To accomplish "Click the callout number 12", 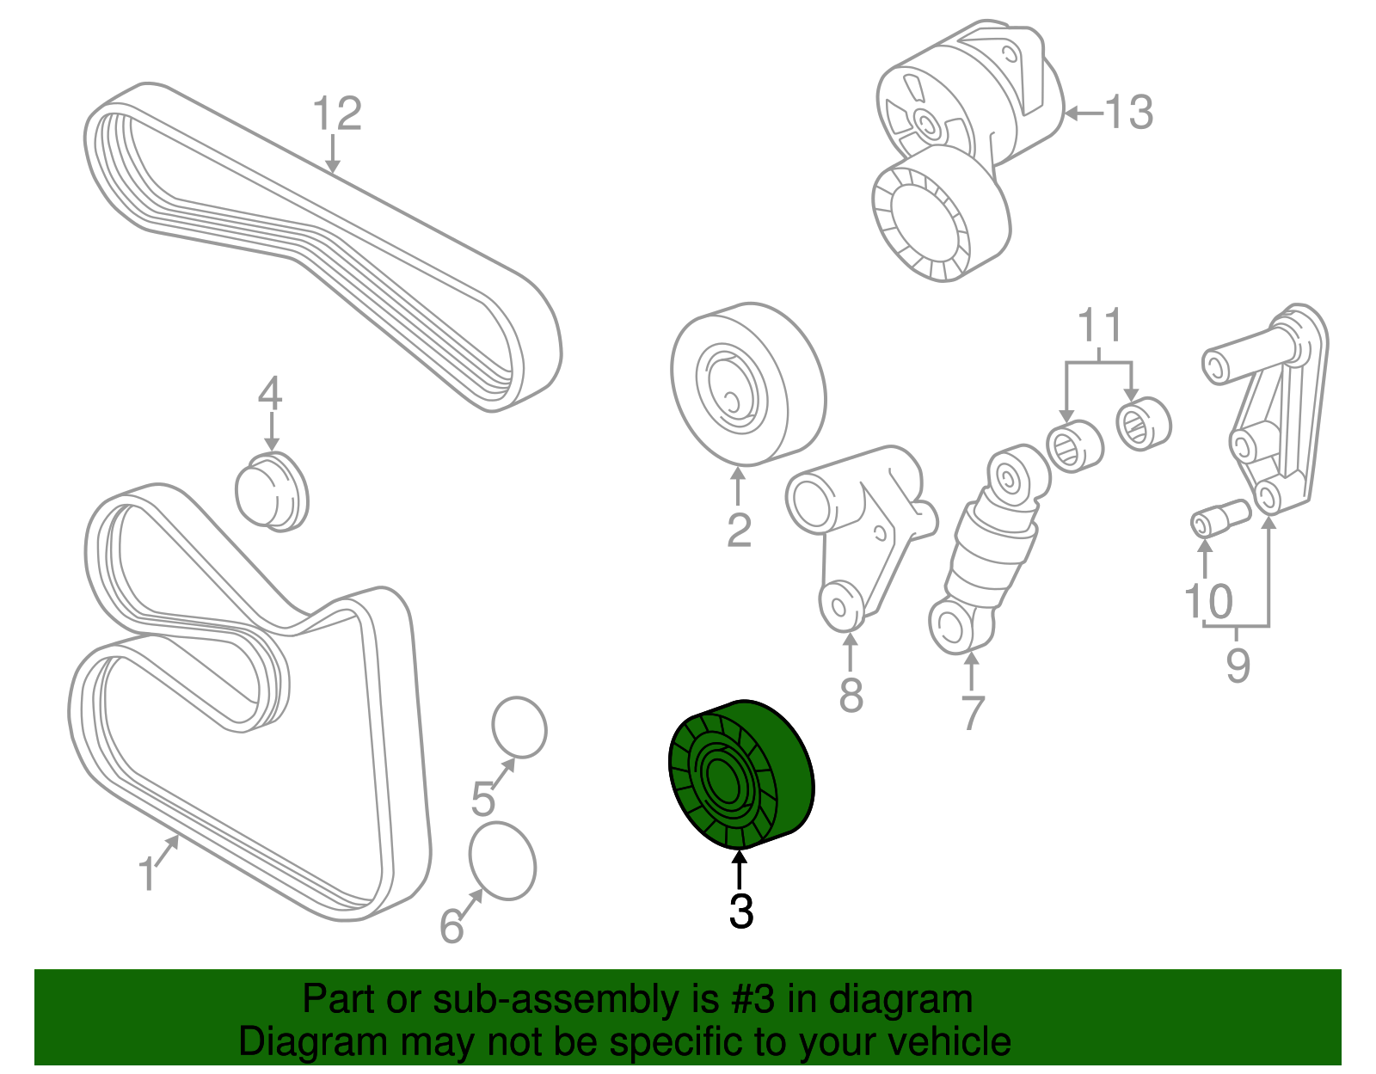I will point(337,114).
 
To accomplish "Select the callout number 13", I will point(1127,113).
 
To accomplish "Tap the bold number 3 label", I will point(740,911).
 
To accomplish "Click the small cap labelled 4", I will point(272,491).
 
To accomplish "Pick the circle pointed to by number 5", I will point(519,727).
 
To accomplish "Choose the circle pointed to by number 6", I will point(502,862).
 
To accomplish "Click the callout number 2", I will point(739,531).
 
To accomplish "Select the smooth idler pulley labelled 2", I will point(747,384).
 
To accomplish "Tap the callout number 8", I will point(851,695).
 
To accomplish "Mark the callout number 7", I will point(972,713).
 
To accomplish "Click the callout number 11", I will point(1100,326).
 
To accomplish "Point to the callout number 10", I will point(1208,601).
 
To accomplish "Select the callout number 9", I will point(1238,666).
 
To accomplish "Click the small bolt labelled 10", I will point(1219,518).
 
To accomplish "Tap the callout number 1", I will point(148,875).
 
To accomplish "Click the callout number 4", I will point(270,395).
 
